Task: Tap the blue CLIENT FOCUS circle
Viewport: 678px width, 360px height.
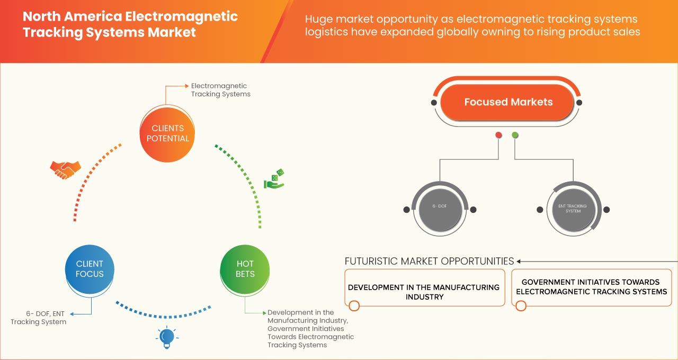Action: [x=90, y=269]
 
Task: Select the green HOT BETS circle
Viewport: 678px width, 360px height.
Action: [x=245, y=269]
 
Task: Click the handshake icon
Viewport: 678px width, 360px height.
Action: [x=65, y=169]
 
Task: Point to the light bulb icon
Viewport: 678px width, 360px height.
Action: [x=167, y=337]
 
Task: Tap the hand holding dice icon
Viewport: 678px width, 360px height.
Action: [x=274, y=179]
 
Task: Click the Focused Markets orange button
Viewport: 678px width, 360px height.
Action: [x=508, y=102]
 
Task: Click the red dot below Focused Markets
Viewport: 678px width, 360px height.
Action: [x=498, y=135]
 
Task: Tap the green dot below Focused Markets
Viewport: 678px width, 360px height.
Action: [x=515, y=135]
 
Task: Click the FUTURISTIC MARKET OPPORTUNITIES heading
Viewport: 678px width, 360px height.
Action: [x=429, y=261]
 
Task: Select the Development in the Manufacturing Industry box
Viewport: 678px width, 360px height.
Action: [x=424, y=287]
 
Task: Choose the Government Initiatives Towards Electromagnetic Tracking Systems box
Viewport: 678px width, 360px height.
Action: [x=591, y=287]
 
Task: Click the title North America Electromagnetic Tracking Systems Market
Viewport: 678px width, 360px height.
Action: [x=130, y=24]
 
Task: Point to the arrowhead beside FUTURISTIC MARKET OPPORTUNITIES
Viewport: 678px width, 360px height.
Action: [x=519, y=261]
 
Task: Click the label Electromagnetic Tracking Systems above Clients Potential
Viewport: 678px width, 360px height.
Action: [x=220, y=89]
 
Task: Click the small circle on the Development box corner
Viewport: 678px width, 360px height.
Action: [x=354, y=305]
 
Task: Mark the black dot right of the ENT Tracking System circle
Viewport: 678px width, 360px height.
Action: [x=606, y=210]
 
